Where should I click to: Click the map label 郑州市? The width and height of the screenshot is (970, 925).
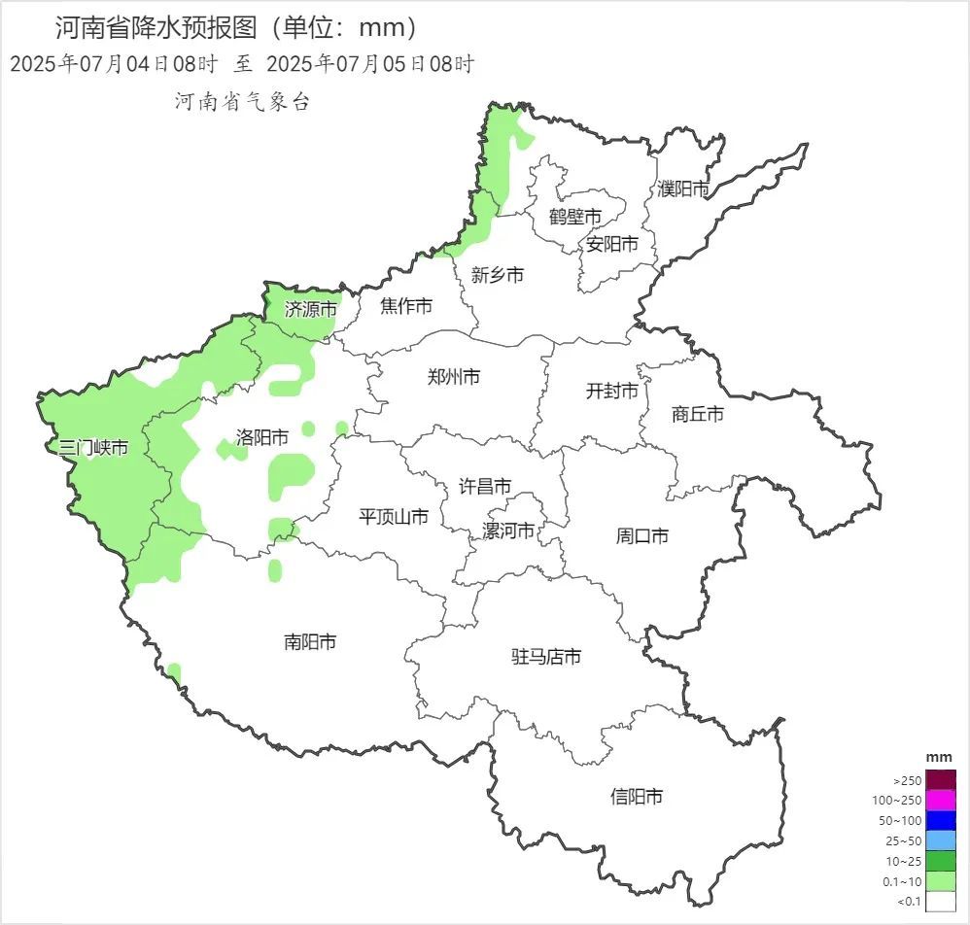454,377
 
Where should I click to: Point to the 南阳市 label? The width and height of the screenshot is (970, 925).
310,642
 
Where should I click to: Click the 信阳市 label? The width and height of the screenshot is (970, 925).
637,797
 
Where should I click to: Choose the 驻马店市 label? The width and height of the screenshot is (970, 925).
546,657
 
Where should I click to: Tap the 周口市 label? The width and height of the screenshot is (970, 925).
642,535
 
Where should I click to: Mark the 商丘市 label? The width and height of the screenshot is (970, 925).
698,414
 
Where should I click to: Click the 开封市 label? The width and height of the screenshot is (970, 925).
612,391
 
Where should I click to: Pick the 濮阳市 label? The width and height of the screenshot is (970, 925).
683,189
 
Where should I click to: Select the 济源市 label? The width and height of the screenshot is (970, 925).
311,310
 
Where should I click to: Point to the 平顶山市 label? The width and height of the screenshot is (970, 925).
394,517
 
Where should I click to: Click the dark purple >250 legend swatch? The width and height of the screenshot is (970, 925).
941,780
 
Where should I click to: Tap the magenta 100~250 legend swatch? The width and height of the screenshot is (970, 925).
941,801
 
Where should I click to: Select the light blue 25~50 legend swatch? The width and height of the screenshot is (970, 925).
941,840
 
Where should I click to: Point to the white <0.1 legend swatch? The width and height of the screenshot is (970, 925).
941,902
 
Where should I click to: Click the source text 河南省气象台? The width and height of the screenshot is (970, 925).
242,102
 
